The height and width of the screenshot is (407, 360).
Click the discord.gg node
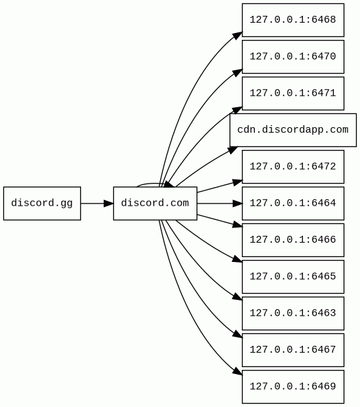click(x=42, y=203)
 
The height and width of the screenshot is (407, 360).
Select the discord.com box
click(x=155, y=203)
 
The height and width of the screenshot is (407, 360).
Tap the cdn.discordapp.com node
click(x=293, y=130)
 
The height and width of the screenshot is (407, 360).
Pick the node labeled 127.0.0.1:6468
click(x=293, y=20)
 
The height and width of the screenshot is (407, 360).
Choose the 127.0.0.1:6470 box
click(x=293, y=57)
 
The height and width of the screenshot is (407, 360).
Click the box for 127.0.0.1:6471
click(x=293, y=93)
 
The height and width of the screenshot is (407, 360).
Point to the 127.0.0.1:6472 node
click(x=293, y=166)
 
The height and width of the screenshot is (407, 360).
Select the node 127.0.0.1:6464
click(x=293, y=203)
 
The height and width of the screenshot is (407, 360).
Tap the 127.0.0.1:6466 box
click(x=293, y=240)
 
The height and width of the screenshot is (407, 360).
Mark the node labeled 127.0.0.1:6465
click(x=293, y=276)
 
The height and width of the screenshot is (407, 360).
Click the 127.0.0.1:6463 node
click(x=293, y=313)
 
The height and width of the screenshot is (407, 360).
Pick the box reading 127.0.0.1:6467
click(x=293, y=350)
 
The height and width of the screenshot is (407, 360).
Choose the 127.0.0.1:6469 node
click(x=293, y=387)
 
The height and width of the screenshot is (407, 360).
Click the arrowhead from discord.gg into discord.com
click(x=109, y=203)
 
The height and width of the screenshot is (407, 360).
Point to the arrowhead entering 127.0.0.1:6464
click(x=237, y=203)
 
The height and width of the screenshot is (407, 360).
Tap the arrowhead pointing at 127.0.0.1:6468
click(x=237, y=36)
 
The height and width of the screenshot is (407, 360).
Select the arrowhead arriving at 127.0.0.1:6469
click(x=237, y=371)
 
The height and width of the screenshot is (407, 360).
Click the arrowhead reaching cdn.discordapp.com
click(x=232, y=151)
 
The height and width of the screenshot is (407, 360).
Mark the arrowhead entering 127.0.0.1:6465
click(x=237, y=259)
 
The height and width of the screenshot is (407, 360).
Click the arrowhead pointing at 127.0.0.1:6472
click(x=237, y=182)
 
